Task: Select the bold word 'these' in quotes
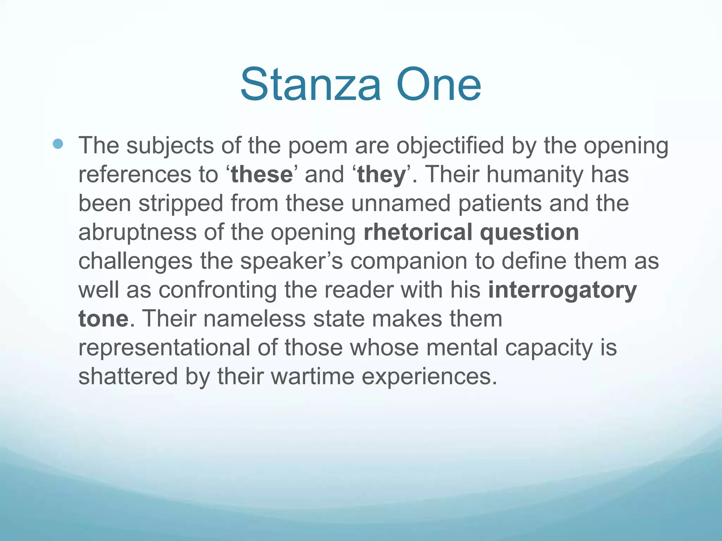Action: (x=262, y=175)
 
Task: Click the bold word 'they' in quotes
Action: (x=381, y=175)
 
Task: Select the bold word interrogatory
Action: (x=562, y=290)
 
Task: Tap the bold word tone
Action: (x=103, y=319)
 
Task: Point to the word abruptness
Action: (x=137, y=232)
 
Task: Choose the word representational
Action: (x=164, y=348)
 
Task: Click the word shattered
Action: (x=128, y=377)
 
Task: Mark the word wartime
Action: (x=312, y=377)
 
